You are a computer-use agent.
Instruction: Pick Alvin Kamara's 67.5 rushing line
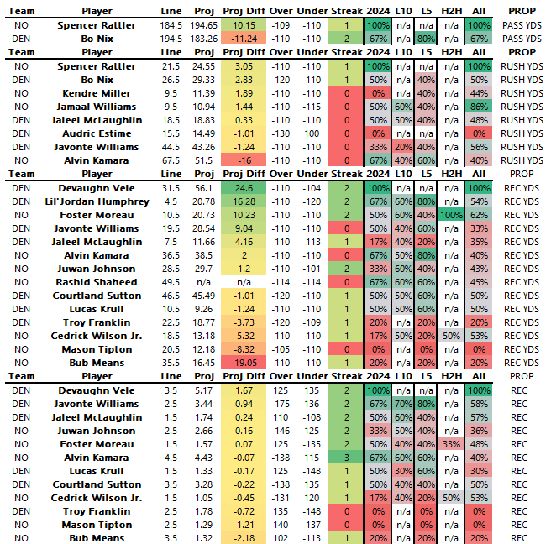click(171, 160)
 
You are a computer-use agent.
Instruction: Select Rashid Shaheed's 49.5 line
click(171, 282)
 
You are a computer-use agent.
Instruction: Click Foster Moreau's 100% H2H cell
click(451, 215)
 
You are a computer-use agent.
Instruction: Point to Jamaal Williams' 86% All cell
click(480, 106)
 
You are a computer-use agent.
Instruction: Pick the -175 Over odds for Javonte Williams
click(283, 404)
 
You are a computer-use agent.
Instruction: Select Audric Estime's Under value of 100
click(312, 133)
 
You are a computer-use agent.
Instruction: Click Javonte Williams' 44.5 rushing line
click(171, 146)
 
